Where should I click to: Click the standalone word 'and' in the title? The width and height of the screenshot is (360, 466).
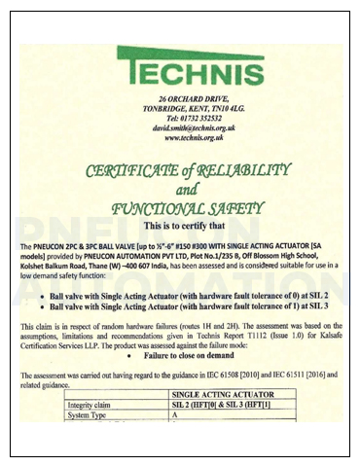pos(181,189)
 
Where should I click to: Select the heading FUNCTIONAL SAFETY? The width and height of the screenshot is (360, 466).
pos(181,207)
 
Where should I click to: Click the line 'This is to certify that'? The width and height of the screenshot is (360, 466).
pos(181,225)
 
